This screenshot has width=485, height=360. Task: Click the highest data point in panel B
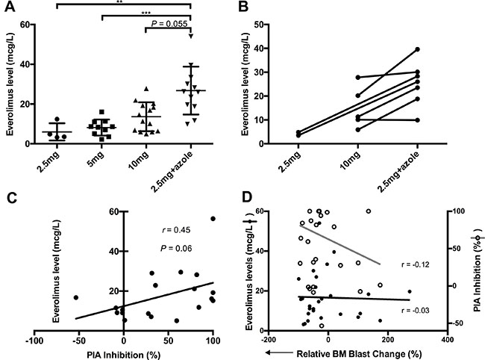pyautogui.click(x=417, y=49)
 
